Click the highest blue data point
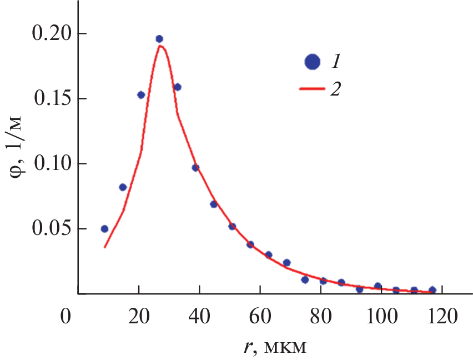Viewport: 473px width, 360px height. point(159,39)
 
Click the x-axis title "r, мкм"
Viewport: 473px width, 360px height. point(274,347)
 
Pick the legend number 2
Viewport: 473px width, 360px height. point(335,89)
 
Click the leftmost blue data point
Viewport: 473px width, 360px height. point(104,229)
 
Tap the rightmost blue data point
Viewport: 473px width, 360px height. point(432,290)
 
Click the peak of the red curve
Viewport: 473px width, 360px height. point(160,46)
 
